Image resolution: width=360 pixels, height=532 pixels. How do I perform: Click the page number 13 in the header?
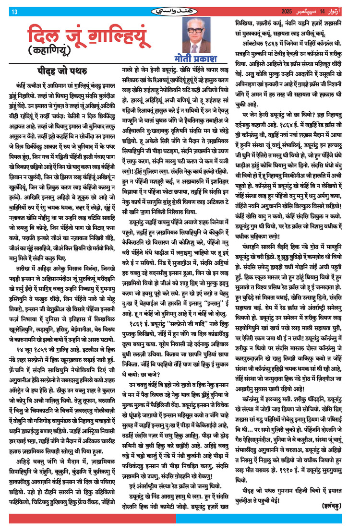tap(14, 12)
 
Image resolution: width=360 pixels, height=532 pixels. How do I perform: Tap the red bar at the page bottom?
tap(92, 518)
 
